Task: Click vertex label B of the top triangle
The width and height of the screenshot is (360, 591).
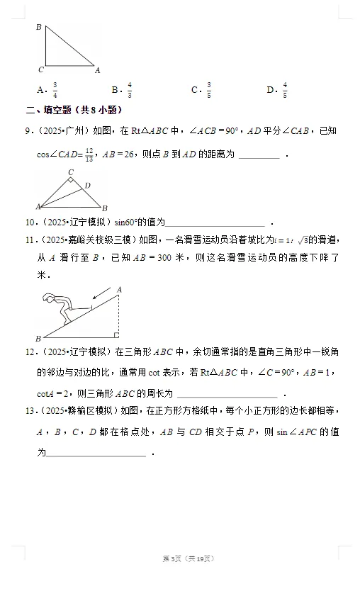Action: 38,27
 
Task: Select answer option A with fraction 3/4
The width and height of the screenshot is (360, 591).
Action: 47,90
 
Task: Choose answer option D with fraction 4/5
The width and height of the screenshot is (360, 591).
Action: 277,90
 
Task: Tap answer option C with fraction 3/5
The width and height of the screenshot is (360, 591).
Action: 201,90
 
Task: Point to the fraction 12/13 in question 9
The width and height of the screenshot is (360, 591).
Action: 89,152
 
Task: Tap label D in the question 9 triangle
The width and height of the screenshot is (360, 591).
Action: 87,185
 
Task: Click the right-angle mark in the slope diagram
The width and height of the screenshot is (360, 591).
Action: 116,335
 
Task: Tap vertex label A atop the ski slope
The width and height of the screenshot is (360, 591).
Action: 119,289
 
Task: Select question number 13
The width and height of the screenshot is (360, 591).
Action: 30,411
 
